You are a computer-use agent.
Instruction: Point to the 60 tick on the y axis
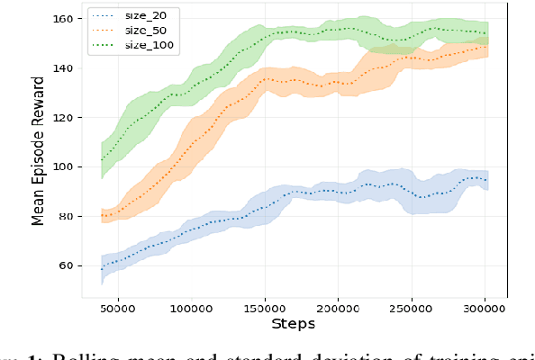(x=70, y=265)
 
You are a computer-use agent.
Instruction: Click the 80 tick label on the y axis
(x=70, y=216)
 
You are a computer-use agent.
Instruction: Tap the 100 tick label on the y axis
(x=68, y=166)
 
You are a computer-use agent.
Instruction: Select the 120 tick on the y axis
(x=68, y=117)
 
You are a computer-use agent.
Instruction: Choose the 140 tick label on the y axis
(x=68, y=67)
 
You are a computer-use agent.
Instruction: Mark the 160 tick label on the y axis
(x=68, y=18)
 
